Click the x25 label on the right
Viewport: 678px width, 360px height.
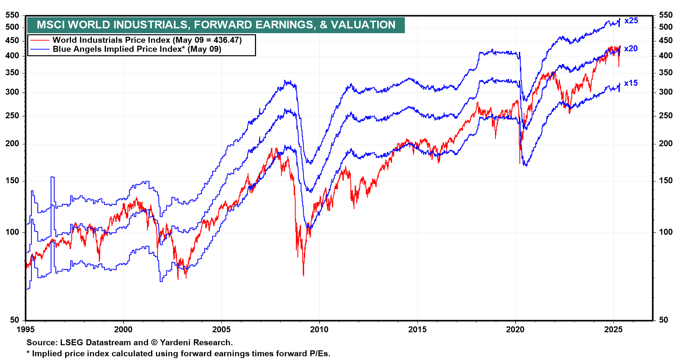point(631,21)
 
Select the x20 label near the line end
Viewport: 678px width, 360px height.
point(631,49)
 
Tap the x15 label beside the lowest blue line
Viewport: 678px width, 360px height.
point(631,83)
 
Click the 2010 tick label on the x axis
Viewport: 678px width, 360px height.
point(319,330)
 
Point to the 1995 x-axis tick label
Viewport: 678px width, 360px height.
point(26,330)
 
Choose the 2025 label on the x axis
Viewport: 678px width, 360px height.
point(613,330)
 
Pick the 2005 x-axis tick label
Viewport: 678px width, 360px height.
point(221,330)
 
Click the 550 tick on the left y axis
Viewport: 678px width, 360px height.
point(12,15)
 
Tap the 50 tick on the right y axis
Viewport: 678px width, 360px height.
point(666,320)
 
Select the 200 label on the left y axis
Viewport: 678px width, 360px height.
point(12,144)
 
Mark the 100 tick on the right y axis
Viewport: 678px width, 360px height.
point(666,232)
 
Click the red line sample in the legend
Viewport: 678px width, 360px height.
point(40,40)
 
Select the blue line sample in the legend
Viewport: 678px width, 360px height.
point(40,49)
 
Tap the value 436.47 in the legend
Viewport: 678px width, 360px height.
point(226,40)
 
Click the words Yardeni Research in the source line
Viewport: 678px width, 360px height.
point(196,342)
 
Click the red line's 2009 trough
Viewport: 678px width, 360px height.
point(303,275)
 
